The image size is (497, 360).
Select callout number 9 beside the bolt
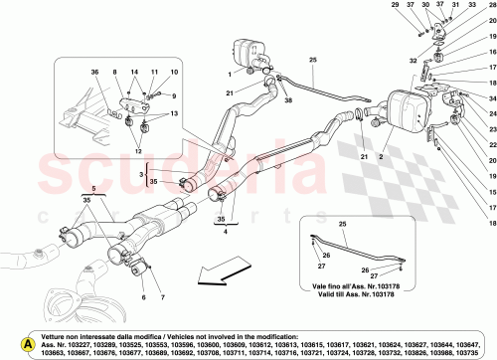click(171, 95)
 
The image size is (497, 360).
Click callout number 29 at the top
click(421, 7)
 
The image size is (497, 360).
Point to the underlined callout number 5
click(93, 214)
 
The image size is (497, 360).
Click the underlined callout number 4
click(226, 260)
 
